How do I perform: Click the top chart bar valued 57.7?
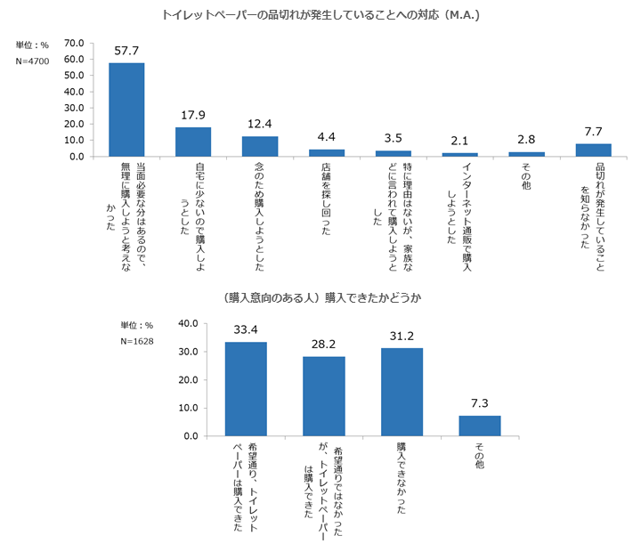point(126,110)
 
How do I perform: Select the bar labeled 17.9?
point(193,142)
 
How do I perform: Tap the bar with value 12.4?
point(260,146)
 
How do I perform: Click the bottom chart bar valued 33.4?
point(246,389)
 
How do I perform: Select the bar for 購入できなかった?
point(402,392)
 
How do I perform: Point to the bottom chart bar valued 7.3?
point(480,426)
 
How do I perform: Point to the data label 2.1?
point(460,141)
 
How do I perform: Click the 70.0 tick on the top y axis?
point(74,43)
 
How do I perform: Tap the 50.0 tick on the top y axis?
point(74,76)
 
